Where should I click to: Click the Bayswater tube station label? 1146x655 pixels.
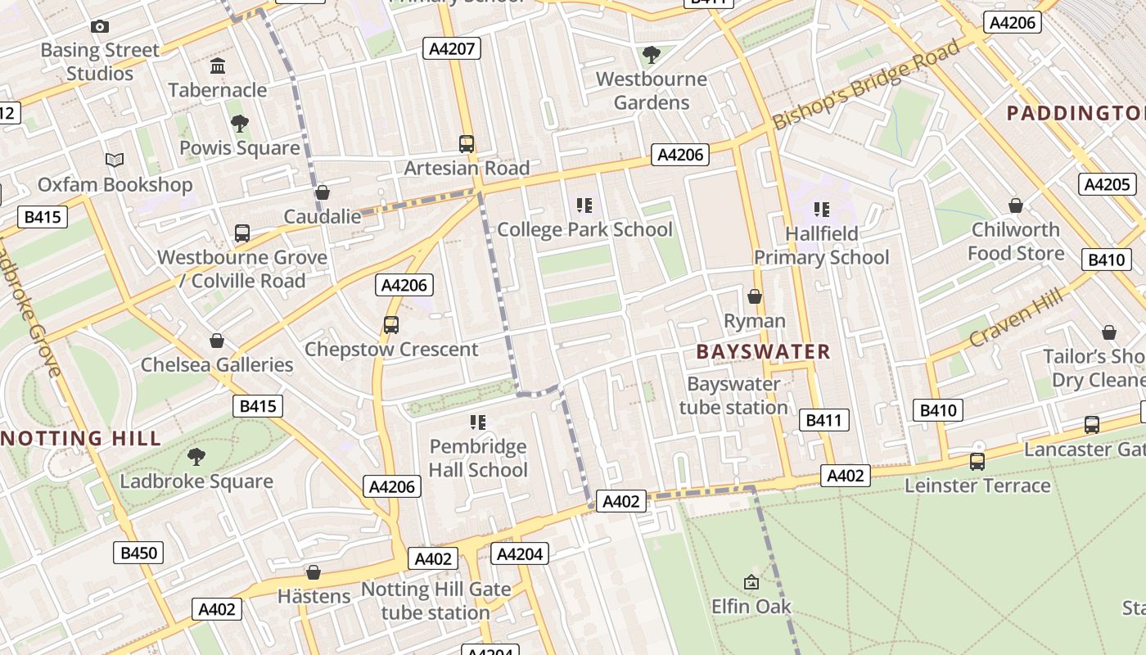pyautogui.click(x=733, y=395)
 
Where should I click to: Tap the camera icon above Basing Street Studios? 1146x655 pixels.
pyautogui.click(x=100, y=27)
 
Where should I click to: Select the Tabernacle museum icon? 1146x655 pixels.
pyautogui.click(x=218, y=65)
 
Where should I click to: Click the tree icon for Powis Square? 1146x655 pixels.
pyautogui.click(x=240, y=124)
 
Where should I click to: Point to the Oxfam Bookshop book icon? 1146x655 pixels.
pyautogui.click(x=115, y=160)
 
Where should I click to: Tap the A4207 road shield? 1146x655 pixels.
pyautogui.click(x=451, y=48)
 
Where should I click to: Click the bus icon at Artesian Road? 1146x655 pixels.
pyautogui.click(x=467, y=144)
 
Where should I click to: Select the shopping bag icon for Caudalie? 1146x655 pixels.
pyautogui.click(x=323, y=192)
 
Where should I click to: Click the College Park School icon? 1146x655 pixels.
pyautogui.click(x=584, y=206)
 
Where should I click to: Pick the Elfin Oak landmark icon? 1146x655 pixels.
pyautogui.click(x=751, y=582)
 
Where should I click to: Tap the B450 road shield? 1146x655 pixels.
pyautogui.click(x=138, y=553)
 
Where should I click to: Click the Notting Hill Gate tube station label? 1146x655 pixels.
pyautogui.click(x=435, y=601)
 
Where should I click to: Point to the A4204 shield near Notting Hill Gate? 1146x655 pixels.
pyautogui.click(x=519, y=554)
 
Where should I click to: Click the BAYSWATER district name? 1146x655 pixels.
pyautogui.click(x=763, y=352)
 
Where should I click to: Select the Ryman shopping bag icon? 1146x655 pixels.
pyautogui.click(x=755, y=296)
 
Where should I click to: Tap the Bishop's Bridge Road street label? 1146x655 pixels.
pyautogui.click(x=866, y=84)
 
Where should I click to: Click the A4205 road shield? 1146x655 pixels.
pyautogui.click(x=1107, y=184)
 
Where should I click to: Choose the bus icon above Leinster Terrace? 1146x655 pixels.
pyautogui.click(x=977, y=462)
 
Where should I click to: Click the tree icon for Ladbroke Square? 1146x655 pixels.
pyautogui.click(x=196, y=457)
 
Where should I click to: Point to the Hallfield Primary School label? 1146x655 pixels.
pyautogui.click(x=821, y=246)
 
